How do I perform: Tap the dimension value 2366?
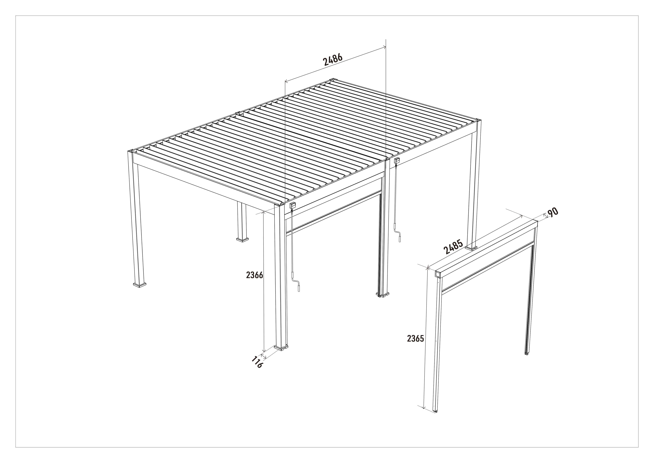pyautogui.click(x=254, y=275)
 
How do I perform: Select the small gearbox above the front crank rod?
pyautogui.click(x=293, y=205)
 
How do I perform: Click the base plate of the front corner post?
pyautogui.click(x=281, y=347)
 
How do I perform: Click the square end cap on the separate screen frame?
pyautogui.click(x=438, y=274)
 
